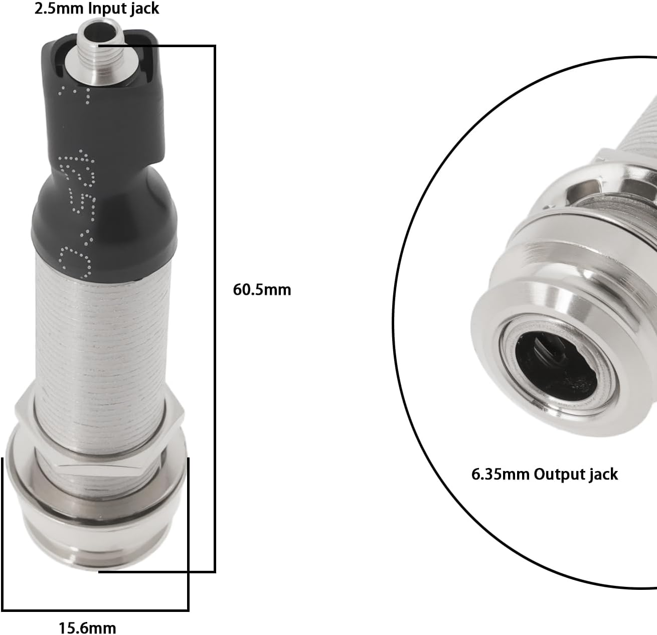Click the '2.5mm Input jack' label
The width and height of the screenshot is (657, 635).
click(x=96, y=9)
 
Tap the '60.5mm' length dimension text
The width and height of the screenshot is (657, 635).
click(x=262, y=290)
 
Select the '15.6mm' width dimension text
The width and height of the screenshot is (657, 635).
click(x=87, y=627)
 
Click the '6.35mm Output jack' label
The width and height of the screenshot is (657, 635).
click(x=545, y=474)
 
